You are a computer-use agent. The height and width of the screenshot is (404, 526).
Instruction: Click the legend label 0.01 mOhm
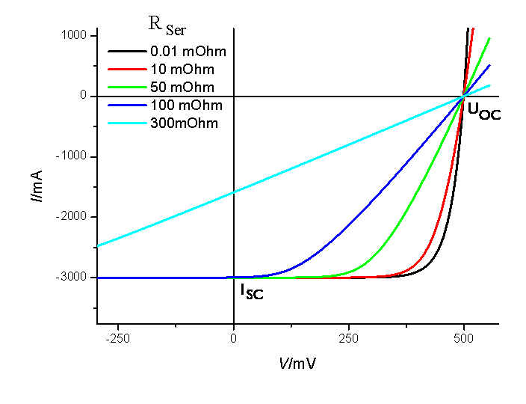188,52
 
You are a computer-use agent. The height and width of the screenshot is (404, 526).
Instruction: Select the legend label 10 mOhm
182,70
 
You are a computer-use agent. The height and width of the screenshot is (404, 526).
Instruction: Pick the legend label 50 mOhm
182,87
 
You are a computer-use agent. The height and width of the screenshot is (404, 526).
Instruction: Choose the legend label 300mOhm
184,123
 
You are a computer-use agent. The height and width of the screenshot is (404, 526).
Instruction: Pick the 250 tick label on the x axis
349,338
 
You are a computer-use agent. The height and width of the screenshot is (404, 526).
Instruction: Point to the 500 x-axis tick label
464,338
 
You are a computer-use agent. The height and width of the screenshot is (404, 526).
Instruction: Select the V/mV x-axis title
298,363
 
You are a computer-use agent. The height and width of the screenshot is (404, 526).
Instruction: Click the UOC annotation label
483,112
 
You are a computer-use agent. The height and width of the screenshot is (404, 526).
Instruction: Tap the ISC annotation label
251,292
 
